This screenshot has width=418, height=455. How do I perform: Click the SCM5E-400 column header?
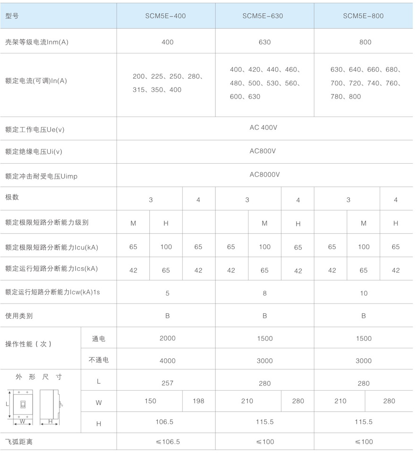166,16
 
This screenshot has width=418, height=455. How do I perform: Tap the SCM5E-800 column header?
363,16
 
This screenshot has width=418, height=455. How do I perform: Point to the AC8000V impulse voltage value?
265,174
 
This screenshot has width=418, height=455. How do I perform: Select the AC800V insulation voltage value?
263,151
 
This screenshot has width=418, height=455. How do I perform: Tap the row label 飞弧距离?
19,442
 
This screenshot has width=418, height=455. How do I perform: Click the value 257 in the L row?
168,383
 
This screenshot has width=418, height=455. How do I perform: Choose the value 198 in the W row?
199,401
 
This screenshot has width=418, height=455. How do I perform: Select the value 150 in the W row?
150,401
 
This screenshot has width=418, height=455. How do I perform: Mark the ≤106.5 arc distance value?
168,442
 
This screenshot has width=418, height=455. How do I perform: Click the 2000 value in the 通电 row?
167,338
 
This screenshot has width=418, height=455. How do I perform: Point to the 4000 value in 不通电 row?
167,361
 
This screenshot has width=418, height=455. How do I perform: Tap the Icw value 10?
364,293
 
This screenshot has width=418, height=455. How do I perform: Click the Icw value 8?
264,293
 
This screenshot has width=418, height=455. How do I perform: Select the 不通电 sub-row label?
99,360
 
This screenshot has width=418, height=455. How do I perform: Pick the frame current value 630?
264,42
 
